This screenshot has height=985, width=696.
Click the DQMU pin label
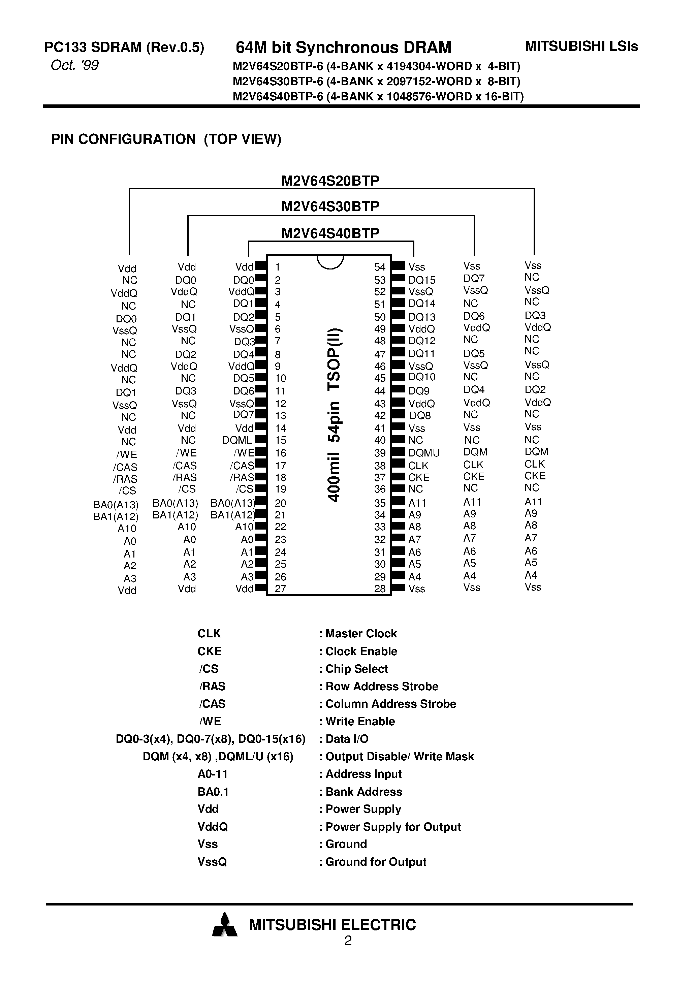[x=424, y=453]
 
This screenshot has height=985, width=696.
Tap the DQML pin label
[x=237, y=440]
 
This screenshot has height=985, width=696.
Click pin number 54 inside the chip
[x=380, y=267]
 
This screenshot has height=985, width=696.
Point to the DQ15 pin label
[x=422, y=280]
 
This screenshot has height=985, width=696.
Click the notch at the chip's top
[x=330, y=262]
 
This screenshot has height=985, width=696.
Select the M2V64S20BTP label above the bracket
[x=330, y=181]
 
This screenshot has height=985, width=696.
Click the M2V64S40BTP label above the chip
[x=330, y=233]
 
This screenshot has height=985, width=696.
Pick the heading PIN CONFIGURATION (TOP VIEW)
[x=166, y=139]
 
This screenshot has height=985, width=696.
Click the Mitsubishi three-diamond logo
[x=224, y=925]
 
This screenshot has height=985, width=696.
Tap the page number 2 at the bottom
[x=348, y=941]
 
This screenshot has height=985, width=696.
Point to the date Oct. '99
[x=75, y=65]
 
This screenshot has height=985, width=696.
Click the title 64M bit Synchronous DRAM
[x=343, y=47]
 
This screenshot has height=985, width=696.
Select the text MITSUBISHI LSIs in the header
[x=581, y=46]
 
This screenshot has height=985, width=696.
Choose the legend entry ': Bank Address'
[x=360, y=792]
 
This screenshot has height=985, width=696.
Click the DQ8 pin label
[x=420, y=416]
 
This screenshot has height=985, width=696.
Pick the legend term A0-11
[x=212, y=774]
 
